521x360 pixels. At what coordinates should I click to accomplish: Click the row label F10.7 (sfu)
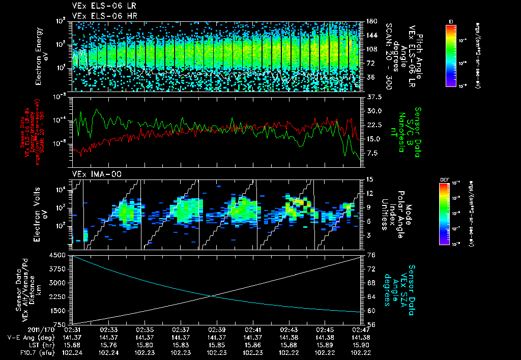coord(20,351)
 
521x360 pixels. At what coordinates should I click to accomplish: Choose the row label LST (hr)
coord(24,344)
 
